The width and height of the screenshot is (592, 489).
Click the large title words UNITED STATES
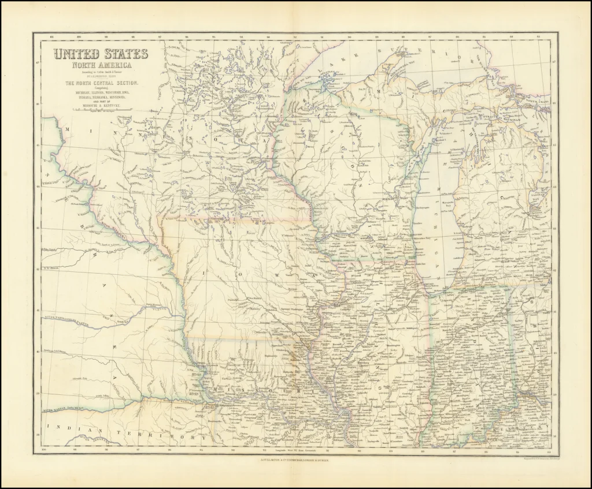click(101, 55)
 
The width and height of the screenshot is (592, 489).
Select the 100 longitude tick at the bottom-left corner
click(43, 449)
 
